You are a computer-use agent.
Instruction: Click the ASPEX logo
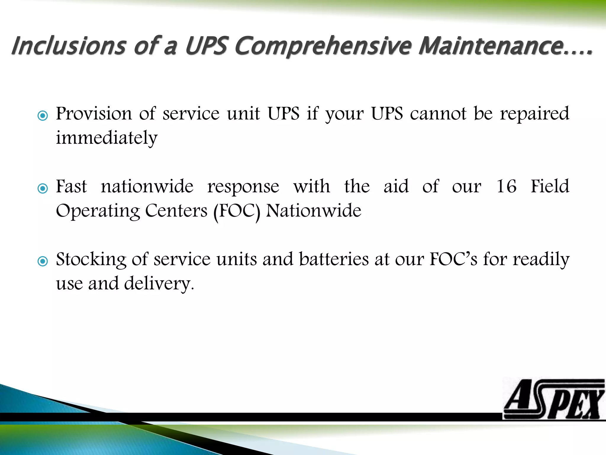[x=553, y=399]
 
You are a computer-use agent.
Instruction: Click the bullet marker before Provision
[x=43, y=116]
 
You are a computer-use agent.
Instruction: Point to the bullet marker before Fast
[x=43, y=188]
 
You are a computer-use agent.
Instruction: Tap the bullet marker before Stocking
[x=43, y=261]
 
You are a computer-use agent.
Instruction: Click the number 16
[x=506, y=186]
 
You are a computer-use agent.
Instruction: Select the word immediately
[x=107, y=138]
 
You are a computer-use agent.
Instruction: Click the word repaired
[x=534, y=113]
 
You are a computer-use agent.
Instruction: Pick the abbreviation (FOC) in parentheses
[x=237, y=211]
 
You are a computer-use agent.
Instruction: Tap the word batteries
[x=334, y=259]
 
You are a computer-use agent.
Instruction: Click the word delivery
[x=159, y=284]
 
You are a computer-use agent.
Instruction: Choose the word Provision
[x=94, y=113]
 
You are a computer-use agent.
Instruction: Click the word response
[x=243, y=187]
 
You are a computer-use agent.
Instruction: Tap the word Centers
[x=176, y=211]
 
